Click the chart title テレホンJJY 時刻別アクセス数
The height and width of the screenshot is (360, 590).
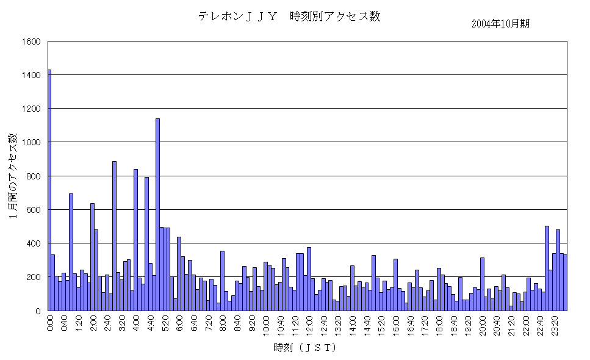289,16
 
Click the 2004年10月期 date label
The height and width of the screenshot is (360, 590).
500,24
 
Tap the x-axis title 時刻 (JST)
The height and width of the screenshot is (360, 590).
305,348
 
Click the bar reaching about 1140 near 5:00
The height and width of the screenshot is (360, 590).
157,214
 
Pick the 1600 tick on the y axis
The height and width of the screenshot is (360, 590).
31,41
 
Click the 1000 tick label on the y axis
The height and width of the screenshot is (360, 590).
31,142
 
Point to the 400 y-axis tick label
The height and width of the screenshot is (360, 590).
33,243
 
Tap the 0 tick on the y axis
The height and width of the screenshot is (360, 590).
37,311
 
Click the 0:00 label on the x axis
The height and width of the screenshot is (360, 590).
50,323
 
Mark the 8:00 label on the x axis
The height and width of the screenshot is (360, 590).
223,323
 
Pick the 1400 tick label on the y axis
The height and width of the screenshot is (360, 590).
31,75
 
